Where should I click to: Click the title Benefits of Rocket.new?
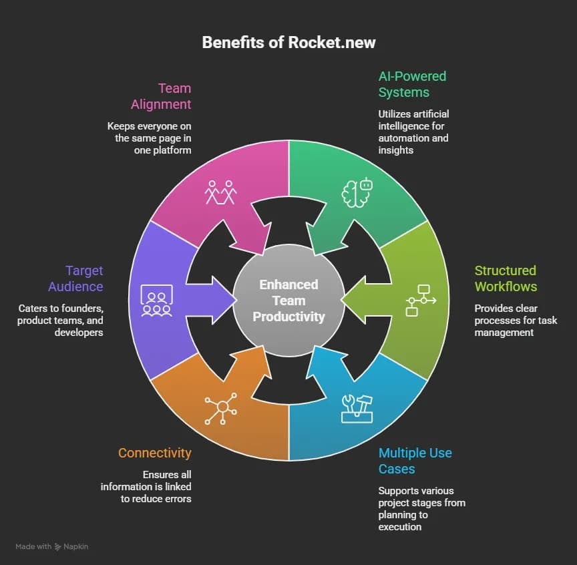288,43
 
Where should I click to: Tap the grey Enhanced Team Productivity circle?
288,301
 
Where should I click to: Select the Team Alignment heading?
161,96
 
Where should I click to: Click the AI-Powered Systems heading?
412,84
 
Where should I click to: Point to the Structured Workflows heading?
506,278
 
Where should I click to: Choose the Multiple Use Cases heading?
415,461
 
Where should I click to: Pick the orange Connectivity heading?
155,453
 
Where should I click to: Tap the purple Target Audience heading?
75,278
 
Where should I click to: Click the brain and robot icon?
357,192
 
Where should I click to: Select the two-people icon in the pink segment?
221,192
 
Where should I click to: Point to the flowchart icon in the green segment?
421,300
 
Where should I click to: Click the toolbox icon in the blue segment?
357,408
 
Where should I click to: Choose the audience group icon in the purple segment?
156,300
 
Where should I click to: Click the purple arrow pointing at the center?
214,301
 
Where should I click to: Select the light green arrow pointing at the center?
364,301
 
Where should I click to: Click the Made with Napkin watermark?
52,546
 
